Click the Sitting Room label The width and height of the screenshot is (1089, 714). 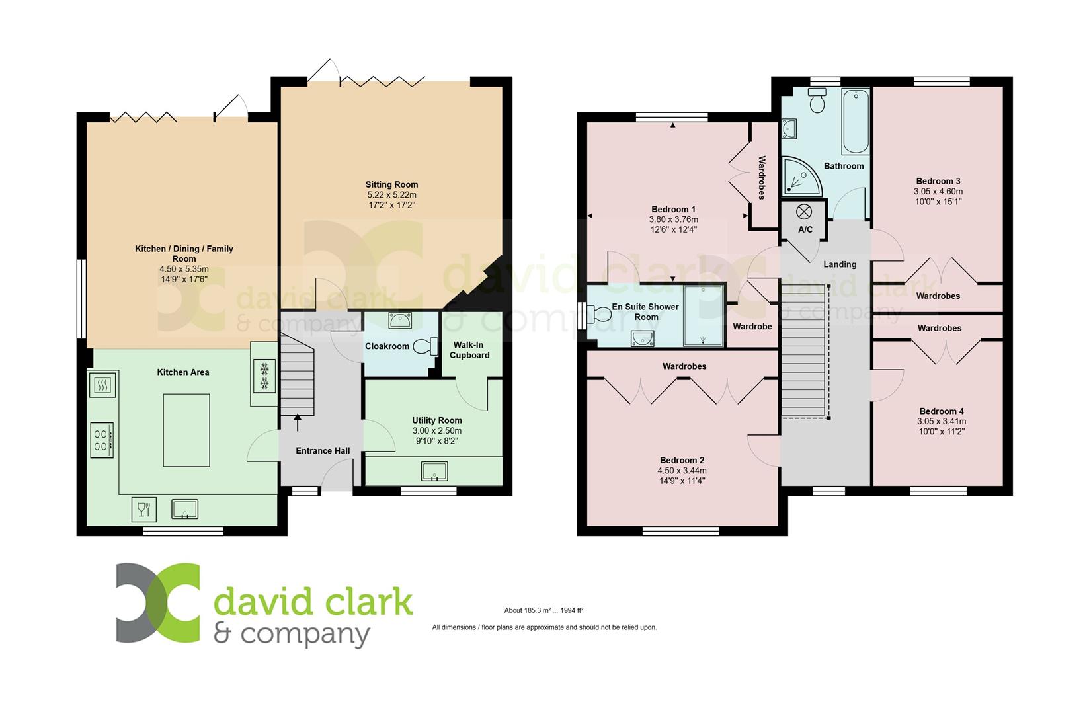click(x=391, y=184)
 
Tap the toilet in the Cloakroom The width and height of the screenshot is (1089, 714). click(x=425, y=346)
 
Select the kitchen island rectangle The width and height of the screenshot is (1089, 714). click(x=186, y=430)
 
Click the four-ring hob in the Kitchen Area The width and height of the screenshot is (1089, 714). click(x=102, y=440)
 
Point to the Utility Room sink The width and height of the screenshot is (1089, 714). click(x=434, y=471)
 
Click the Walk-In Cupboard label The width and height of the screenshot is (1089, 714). click(x=469, y=350)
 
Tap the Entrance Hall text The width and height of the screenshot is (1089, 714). click(x=323, y=451)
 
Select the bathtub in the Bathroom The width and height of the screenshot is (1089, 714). click(x=856, y=121)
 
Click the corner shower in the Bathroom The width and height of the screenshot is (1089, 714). click(x=801, y=177)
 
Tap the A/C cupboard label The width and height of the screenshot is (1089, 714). click(x=805, y=229)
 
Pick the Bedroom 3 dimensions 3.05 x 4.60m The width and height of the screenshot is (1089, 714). click(x=938, y=192)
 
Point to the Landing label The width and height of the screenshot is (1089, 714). click(x=840, y=264)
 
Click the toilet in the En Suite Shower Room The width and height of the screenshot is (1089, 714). click(x=599, y=313)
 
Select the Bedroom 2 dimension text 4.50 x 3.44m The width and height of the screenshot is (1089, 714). click(x=682, y=471)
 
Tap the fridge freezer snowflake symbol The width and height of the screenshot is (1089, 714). click(x=264, y=376)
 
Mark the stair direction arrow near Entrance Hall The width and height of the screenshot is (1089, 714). click(x=297, y=422)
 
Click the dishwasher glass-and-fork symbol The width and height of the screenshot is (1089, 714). click(x=144, y=509)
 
